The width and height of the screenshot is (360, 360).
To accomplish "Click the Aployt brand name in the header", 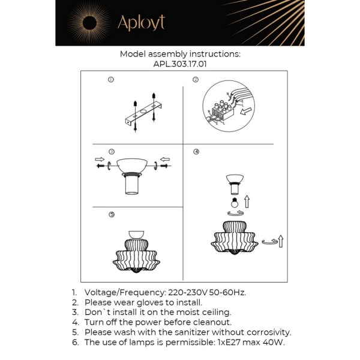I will tap(141, 23).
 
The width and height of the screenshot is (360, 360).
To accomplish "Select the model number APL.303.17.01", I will tap(180, 64).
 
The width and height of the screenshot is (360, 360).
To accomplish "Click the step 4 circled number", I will tap(196, 151).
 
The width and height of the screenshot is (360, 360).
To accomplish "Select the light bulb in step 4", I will tap(235, 203).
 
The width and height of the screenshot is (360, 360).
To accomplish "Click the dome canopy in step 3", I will tap(133, 165).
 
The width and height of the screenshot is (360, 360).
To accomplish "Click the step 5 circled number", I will tap(111, 214).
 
